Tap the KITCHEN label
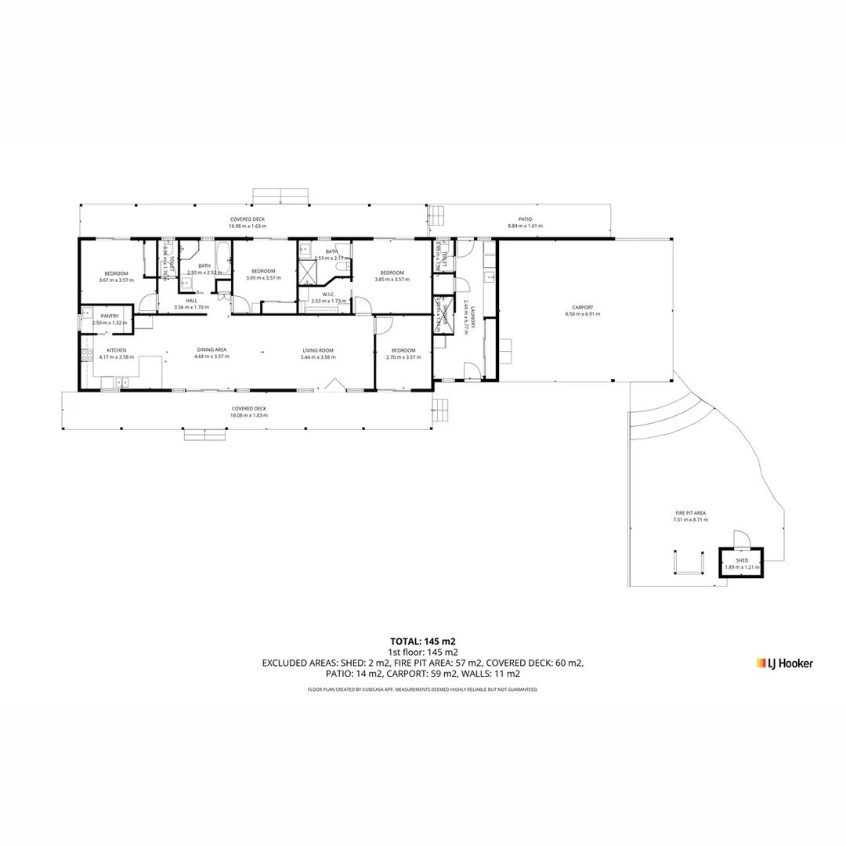(x=116, y=350)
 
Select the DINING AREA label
(x=211, y=350)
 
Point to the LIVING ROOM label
(x=318, y=350)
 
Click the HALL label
(x=191, y=301)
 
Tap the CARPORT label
(x=582, y=307)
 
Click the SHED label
(x=741, y=560)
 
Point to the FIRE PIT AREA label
(x=690, y=513)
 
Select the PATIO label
(x=525, y=219)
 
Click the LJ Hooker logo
(x=784, y=663)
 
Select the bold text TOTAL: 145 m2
(x=423, y=641)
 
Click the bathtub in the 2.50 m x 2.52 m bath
(x=222, y=258)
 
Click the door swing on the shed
(x=741, y=540)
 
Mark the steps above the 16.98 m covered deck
(x=280, y=196)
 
